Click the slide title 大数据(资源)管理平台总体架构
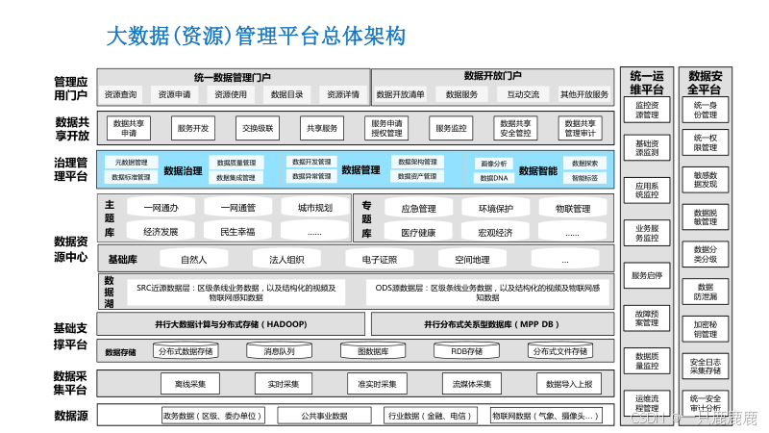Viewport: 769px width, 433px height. pyautogui.click(x=255, y=37)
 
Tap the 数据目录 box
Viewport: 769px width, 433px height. pyautogui.click(x=286, y=94)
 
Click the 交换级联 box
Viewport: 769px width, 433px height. pyautogui.click(x=257, y=128)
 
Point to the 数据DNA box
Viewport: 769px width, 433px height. pyautogui.click(x=494, y=178)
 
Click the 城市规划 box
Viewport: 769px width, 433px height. pyautogui.click(x=315, y=208)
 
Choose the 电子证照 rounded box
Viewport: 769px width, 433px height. pyautogui.click(x=378, y=259)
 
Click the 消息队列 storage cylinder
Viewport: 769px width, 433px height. pyautogui.click(x=279, y=351)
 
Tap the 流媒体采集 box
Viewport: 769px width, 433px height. pyautogui.click(x=471, y=384)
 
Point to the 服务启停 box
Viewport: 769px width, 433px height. pyautogui.click(x=647, y=275)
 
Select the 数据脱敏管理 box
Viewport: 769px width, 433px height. pyautogui.click(x=706, y=216)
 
